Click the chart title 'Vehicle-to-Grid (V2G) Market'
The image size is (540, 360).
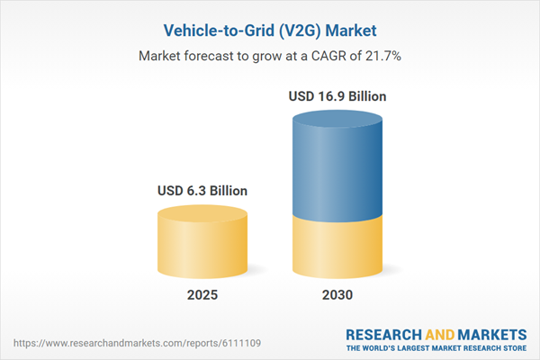click(x=269, y=28)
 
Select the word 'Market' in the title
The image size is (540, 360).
click(x=350, y=28)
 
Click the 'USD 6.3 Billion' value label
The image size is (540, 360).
click(x=202, y=191)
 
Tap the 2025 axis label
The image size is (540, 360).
click(x=202, y=295)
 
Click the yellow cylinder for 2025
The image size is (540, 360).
click(x=202, y=247)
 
